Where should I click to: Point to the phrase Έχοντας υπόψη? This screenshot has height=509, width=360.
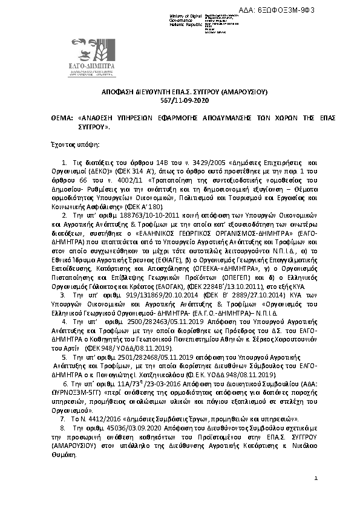[71, 146]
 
